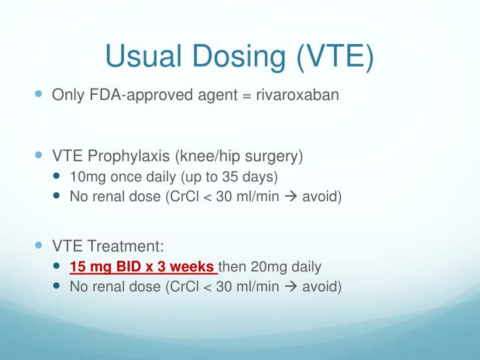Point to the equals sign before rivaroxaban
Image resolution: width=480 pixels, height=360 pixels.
pyautogui.click(x=247, y=95)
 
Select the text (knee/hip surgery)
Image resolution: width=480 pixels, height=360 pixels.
pyautogui.click(x=239, y=157)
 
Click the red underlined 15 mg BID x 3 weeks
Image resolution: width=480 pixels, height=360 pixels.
pyautogui.click(x=143, y=267)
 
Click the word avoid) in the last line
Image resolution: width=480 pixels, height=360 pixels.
pyautogui.click(x=323, y=287)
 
